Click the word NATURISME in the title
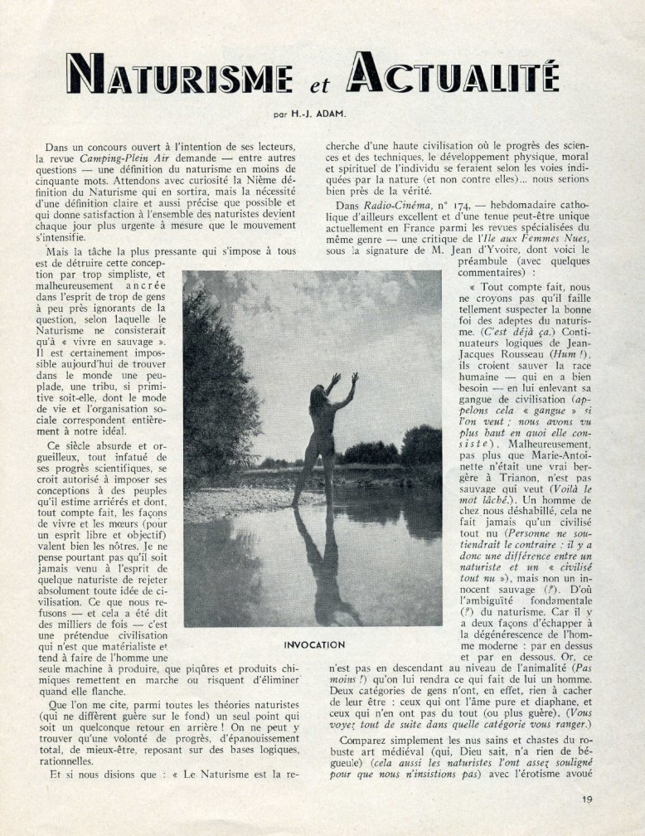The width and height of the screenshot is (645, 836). (181, 74)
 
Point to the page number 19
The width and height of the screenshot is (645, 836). (588, 800)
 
